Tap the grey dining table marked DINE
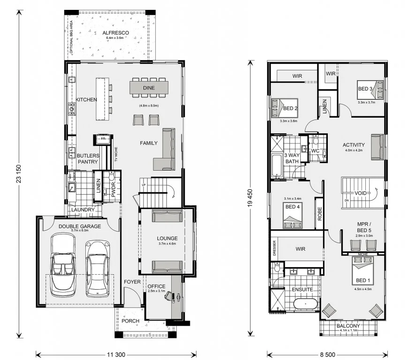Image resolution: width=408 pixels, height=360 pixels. (149, 87)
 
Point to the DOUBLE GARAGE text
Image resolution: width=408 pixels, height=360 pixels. (80, 226)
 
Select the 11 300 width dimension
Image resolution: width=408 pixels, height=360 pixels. (116, 354)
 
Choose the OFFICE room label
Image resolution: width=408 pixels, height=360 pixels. (157, 286)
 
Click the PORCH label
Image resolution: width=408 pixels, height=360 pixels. (130, 321)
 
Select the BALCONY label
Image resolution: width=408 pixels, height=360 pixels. (348, 326)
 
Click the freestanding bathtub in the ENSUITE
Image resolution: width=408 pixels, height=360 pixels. (305, 305)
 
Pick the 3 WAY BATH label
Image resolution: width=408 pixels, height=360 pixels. (292, 158)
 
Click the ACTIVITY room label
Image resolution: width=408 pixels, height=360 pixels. (354, 145)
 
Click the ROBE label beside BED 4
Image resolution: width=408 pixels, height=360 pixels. (319, 213)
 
